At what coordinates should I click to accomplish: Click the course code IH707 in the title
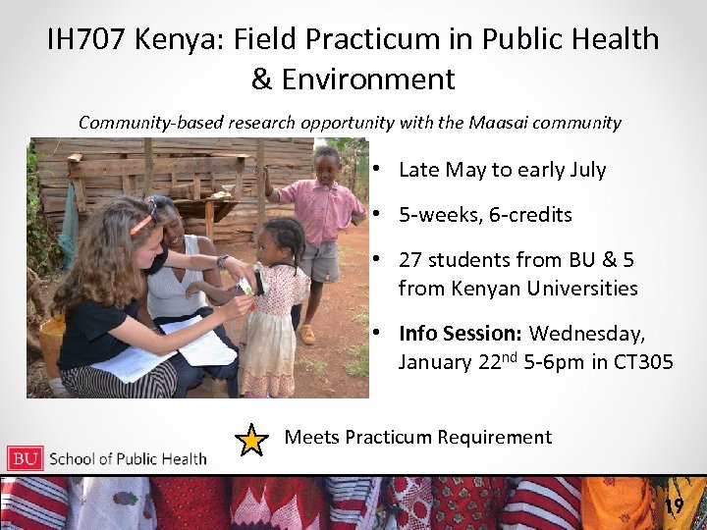click(87, 39)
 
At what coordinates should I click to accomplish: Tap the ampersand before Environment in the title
click(262, 79)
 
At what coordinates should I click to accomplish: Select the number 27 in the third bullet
click(410, 259)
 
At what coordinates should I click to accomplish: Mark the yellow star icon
click(252, 440)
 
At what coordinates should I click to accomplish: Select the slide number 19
click(673, 506)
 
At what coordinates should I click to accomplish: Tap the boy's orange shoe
click(307, 335)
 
